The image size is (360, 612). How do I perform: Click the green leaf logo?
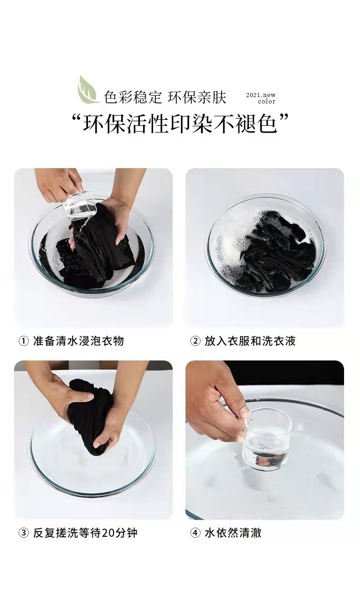[x=88, y=90]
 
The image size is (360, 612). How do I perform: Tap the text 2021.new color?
[x=261, y=98]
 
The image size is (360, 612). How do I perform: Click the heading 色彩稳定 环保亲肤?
[x=165, y=97]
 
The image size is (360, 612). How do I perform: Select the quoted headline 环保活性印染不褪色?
[x=180, y=124]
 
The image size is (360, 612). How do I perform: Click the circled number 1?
[x=24, y=341]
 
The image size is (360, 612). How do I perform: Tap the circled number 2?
[x=195, y=341]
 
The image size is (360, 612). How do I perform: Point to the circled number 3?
[x=24, y=533]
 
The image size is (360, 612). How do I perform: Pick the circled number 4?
[x=195, y=533]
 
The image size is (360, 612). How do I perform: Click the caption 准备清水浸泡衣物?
[x=79, y=341]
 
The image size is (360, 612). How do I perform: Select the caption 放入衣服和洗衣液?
[x=250, y=341]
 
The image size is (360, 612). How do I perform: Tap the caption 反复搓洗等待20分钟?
[x=85, y=533]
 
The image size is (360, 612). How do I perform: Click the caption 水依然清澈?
[x=233, y=533]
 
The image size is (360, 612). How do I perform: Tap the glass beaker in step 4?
[x=267, y=439]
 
